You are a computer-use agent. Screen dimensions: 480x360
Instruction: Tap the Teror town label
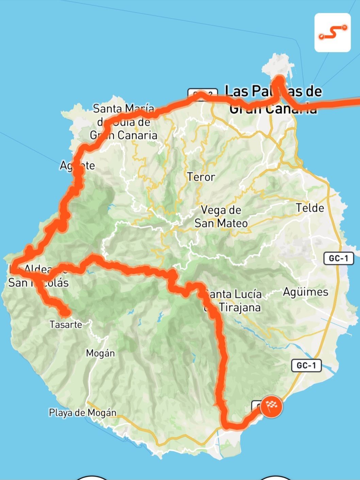click(201, 177)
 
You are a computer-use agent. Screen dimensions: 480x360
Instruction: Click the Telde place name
click(310, 208)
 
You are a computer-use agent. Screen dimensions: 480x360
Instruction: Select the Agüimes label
click(305, 292)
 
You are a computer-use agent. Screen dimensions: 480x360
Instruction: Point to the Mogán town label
click(100, 353)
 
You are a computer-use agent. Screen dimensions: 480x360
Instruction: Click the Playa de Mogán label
click(83, 413)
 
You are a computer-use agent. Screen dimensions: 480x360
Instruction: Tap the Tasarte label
click(66, 325)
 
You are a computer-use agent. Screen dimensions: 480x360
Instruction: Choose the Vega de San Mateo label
click(221, 217)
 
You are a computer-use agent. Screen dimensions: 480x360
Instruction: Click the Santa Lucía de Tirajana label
click(233, 301)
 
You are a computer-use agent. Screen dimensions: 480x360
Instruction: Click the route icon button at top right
click(332, 33)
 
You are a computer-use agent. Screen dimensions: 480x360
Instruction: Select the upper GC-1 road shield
click(339, 259)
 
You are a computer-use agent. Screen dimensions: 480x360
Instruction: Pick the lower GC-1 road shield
click(306, 366)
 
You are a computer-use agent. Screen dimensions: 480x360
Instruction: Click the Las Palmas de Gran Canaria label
click(274, 100)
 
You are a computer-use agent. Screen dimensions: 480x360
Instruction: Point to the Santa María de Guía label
click(124, 122)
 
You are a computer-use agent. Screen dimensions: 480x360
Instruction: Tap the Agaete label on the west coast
click(78, 166)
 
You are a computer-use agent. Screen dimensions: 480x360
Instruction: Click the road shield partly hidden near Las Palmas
click(202, 93)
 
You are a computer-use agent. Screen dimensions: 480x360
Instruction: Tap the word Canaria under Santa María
click(137, 135)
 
